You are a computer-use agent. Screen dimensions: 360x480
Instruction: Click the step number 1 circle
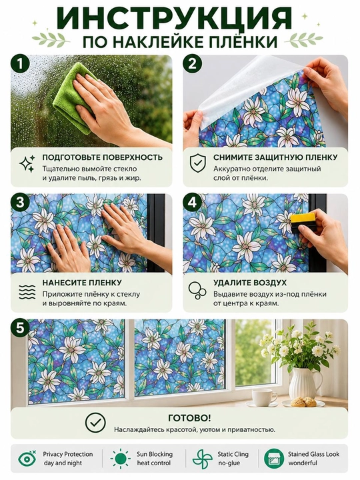tap(20, 64)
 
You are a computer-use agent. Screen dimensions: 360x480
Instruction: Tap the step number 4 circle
tap(192, 203)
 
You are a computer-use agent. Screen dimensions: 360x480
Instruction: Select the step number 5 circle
tap(20, 328)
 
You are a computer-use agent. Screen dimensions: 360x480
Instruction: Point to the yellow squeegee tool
tap(299, 221)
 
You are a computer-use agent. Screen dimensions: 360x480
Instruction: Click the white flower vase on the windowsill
tap(305, 383)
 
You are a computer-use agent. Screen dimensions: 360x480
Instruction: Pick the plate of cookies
tap(303, 402)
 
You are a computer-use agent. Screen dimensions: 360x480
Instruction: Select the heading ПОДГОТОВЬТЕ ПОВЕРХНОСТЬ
tap(102, 157)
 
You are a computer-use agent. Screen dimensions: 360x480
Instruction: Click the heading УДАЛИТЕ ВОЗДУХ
tap(250, 283)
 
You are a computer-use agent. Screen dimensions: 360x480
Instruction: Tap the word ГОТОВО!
tap(189, 418)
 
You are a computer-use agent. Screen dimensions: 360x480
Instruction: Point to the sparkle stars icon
tap(27, 164)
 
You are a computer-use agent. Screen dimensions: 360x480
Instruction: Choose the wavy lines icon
tap(27, 292)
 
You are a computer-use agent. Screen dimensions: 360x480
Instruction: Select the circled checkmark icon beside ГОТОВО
tap(95, 423)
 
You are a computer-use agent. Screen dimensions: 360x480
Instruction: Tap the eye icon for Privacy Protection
tap(27, 459)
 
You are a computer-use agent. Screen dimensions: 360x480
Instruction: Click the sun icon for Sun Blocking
tap(121, 459)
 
